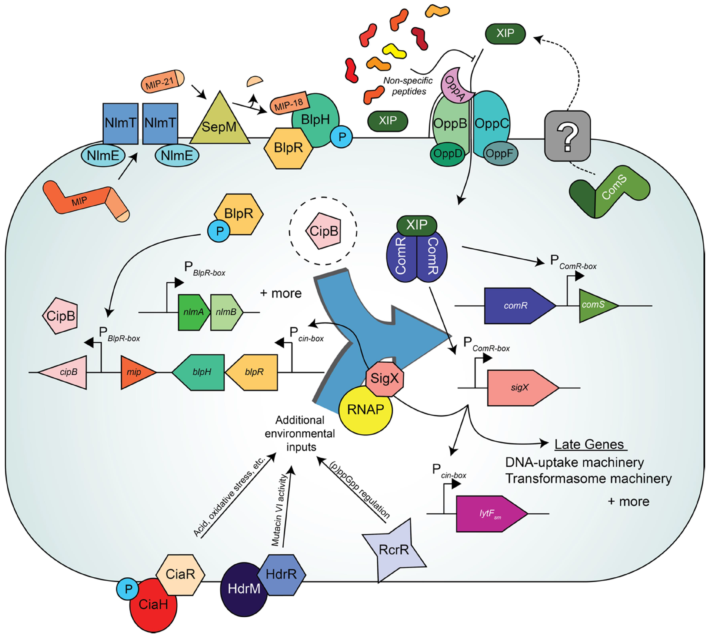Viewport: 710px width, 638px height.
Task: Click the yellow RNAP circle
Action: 365,410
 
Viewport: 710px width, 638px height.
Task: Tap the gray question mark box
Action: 567,136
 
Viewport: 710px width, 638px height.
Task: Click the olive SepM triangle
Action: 220,124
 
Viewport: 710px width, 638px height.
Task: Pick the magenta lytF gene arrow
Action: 491,514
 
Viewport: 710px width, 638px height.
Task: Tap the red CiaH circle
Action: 153,605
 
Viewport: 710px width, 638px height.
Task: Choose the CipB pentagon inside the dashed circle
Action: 323,231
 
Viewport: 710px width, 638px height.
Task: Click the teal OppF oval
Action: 500,154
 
